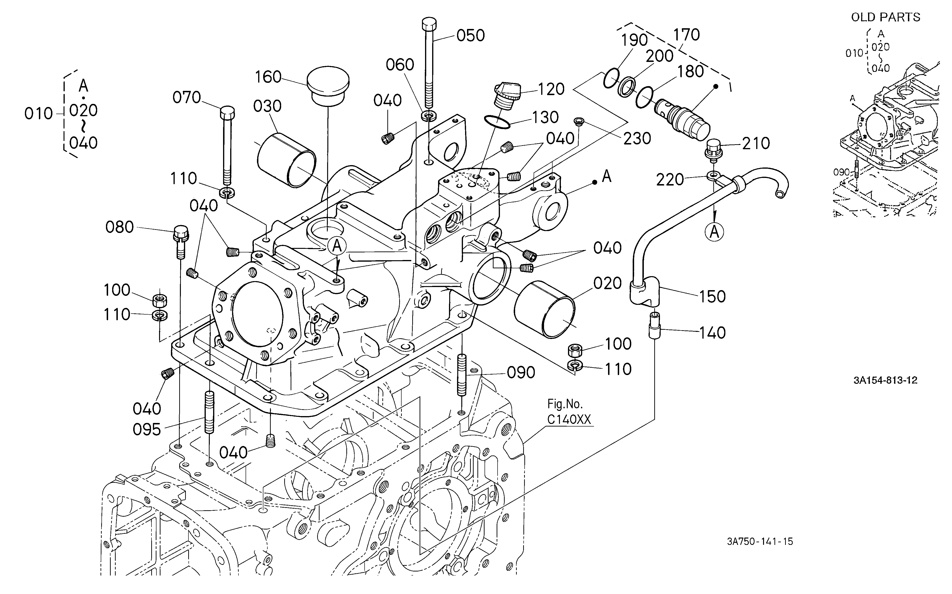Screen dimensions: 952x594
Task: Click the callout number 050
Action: pyautogui.click(x=471, y=36)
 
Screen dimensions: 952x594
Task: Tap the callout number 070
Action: pyautogui.click(x=187, y=97)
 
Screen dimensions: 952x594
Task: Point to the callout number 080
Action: pyautogui.click(x=120, y=227)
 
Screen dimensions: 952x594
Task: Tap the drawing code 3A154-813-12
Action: pyautogui.click(x=885, y=380)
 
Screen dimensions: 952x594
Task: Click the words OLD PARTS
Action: pyautogui.click(x=886, y=17)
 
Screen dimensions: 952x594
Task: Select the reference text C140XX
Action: pyautogui.click(x=569, y=420)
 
